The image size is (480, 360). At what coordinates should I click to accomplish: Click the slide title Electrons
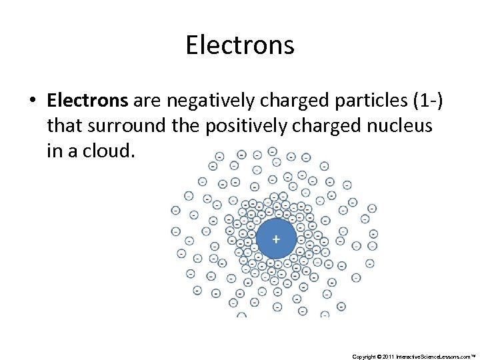click(x=240, y=45)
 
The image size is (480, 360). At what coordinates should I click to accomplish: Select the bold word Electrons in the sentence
click(x=87, y=101)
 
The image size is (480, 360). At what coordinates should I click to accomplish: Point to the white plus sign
click(x=275, y=238)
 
